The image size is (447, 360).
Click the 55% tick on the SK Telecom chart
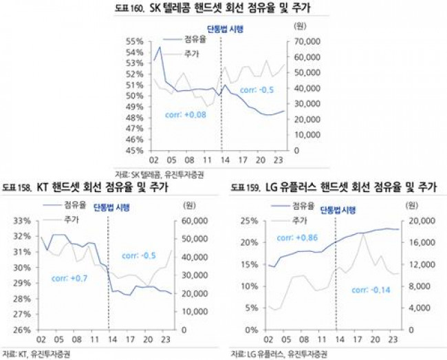pos(134,41)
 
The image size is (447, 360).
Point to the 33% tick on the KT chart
pos(23,221)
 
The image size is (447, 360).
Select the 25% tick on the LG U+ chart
pos(247,221)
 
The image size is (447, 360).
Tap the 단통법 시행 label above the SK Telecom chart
pos(226,29)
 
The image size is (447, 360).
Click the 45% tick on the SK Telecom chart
pos(134,150)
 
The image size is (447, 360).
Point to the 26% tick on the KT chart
pos(23,330)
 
